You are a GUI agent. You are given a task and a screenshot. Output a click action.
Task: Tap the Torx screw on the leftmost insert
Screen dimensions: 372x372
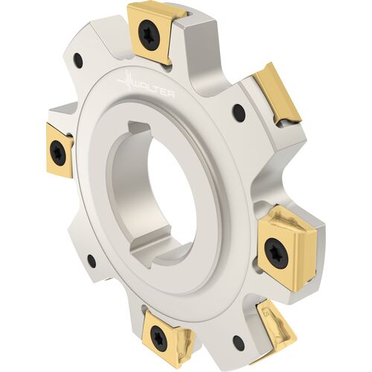pos(58,152)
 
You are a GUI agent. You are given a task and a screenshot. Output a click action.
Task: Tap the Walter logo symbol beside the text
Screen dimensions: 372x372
pos(127,80)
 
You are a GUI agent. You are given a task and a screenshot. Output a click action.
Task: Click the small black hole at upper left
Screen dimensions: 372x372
pos(78,59)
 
